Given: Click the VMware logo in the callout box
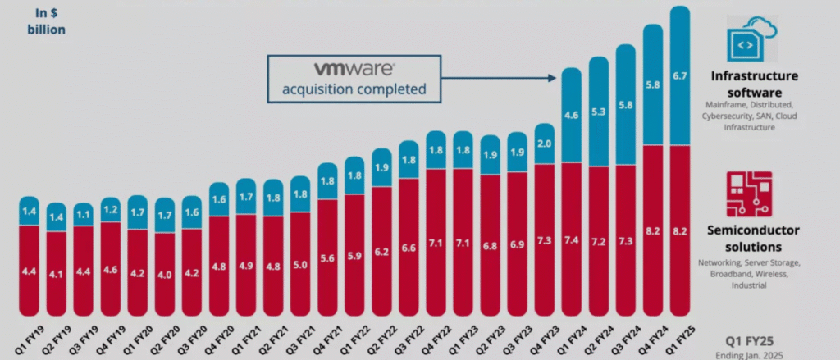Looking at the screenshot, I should click(354, 69).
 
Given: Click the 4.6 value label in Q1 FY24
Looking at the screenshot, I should click(573, 115).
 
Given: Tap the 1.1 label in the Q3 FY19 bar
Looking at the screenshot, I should click(84, 215).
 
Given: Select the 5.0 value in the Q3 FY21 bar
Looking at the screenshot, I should click(300, 266).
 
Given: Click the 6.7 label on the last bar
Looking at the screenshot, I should click(681, 76).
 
